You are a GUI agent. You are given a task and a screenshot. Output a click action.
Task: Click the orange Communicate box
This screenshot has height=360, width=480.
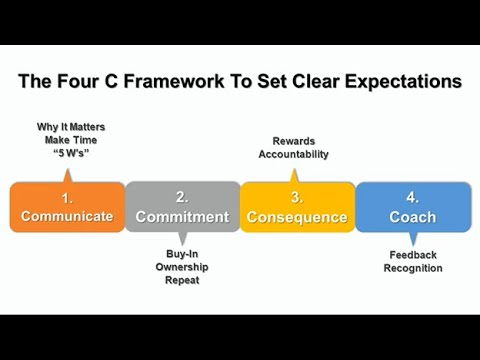pyautogui.click(x=67, y=207)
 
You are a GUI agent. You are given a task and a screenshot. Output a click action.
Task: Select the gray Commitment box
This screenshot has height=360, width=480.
pyautogui.click(x=182, y=207)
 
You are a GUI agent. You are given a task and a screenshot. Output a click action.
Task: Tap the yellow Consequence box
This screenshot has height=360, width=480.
pyautogui.click(x=297, y=207)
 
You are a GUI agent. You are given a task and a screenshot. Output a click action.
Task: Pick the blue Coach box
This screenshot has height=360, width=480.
pyautogui.click(x=412, y=207)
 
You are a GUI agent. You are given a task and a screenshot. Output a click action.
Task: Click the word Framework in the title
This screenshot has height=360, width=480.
pyautogui.click(x=163, y=81)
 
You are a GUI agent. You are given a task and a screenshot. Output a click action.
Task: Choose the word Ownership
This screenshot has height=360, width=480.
pyautogui.click(x=182, y=268)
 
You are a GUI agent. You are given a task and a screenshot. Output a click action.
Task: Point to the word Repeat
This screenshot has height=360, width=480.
pyautogui.click(x=182, y=281)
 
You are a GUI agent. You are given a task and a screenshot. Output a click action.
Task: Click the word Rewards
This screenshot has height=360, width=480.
pyautogui.click(x=297, y=141)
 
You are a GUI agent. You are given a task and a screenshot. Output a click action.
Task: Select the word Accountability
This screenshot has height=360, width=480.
pyautogui.click(x=297, y=154)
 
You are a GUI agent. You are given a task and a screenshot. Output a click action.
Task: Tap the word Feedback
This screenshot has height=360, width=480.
pyautogui.click(x=412, y=255)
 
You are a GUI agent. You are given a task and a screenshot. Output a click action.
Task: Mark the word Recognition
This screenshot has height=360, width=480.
pyautogui.click(x=412, y=268)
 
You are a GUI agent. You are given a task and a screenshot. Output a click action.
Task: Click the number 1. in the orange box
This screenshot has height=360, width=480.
pyautogui.click(x=67, y=197)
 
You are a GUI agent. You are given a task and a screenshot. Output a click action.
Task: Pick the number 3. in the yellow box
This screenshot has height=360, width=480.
pyautogui.click(x=297, y=197)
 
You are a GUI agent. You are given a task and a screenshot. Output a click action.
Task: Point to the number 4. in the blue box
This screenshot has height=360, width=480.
pyautogui.click(x=412, y=197)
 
